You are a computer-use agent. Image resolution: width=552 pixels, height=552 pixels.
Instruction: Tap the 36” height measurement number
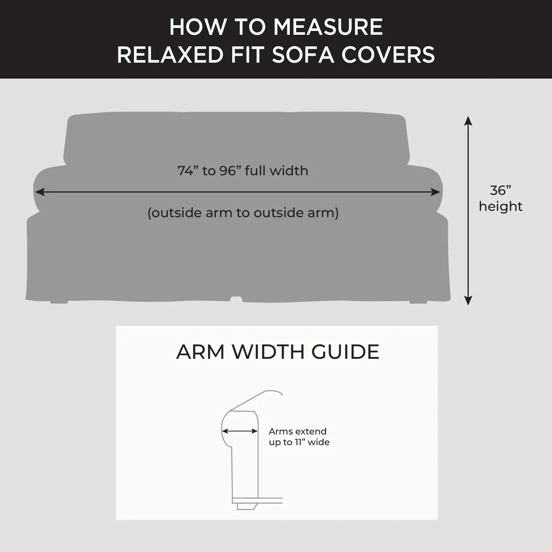coord(500,190)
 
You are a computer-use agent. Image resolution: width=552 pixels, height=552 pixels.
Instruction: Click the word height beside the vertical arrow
coord(500,206)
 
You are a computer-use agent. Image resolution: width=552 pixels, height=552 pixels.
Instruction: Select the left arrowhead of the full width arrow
coord(39,192)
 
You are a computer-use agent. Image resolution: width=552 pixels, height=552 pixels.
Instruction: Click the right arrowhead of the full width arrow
coord(437,192)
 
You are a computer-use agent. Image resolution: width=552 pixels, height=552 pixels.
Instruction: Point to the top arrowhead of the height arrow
coord(468,121)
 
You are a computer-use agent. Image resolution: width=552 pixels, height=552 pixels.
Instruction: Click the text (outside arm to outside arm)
coord(243,213)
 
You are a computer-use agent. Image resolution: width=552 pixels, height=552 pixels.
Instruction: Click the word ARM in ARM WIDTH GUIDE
coord(200,352)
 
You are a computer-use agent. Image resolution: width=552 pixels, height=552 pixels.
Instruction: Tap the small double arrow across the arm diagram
coord(240,431)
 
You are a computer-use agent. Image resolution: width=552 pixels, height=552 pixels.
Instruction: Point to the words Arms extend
coord(298,431)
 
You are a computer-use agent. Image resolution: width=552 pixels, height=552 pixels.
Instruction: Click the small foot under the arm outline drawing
coord(246,506)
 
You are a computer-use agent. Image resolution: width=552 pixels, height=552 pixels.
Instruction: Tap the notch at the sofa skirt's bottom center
coord(235,299)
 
